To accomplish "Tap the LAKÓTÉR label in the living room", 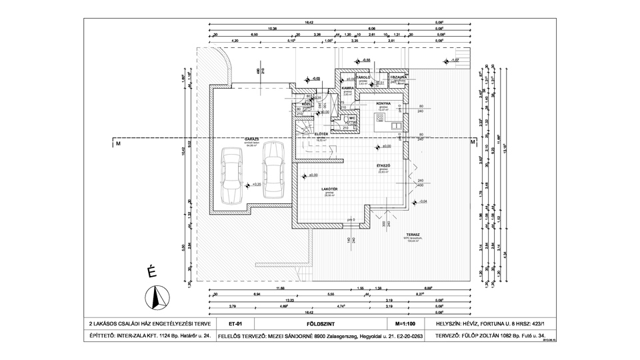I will [x=329, y=189].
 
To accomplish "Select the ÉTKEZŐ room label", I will [x=383, y=165].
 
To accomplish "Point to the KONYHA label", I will [x=383, y=103].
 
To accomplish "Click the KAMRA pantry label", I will [x=347, y=88].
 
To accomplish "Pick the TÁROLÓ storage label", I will [x=363, y=77].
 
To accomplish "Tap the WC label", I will [x=351, y=118].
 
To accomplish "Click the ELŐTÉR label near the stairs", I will [x=321, y=134].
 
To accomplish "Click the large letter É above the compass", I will [x=151, y=271].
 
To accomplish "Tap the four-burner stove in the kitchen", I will [x=380, y=119].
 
